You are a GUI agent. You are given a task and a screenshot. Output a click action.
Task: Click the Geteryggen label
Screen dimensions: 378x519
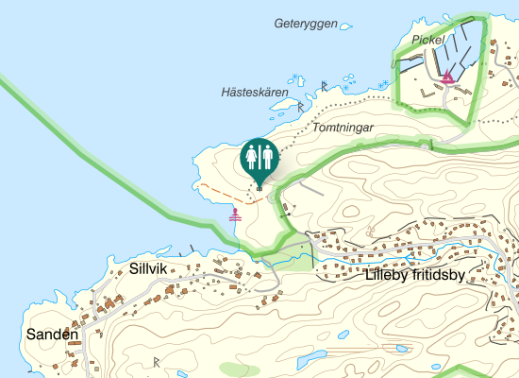[306, 24]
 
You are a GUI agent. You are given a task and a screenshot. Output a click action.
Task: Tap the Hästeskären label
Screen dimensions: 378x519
[254, 93]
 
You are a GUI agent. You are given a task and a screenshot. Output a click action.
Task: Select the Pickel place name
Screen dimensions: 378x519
[427, 40]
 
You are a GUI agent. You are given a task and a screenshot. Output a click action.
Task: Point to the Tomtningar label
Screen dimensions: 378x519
[343, 127]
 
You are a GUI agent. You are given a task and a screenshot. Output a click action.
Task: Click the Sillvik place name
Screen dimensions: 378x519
[148, 269]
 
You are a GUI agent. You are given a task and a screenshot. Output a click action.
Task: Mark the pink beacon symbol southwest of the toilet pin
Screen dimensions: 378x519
[235, 215]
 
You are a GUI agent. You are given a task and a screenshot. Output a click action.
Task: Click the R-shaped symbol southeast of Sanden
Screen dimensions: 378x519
[157, 362]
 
